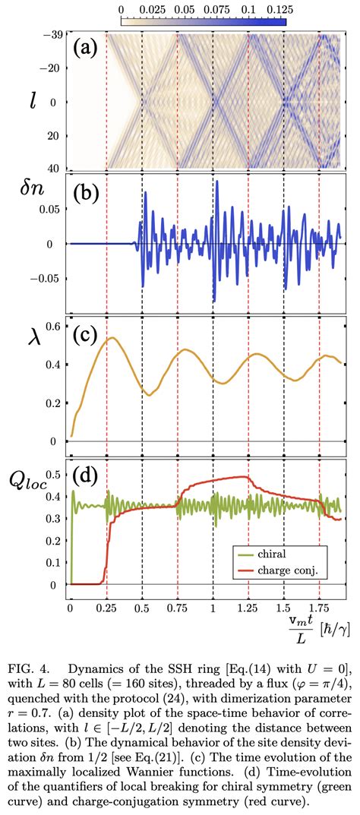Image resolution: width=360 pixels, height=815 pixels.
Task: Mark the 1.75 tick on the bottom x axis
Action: click(x=319, y=608)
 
